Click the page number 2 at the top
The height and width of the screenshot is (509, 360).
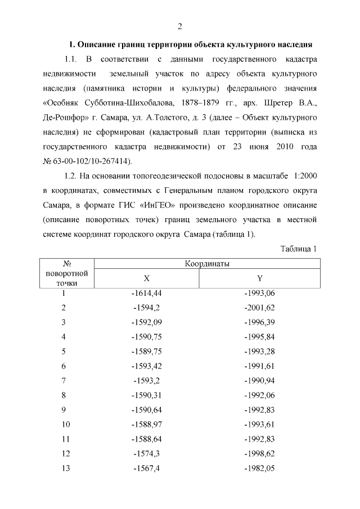(180, 26)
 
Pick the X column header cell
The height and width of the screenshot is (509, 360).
(146, 278)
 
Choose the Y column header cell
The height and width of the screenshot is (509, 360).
(259, 278)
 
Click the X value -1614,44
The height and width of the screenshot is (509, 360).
(146, 294)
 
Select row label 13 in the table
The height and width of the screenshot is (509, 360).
(64, 469)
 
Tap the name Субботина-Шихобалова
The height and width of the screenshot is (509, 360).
(138, 103)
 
